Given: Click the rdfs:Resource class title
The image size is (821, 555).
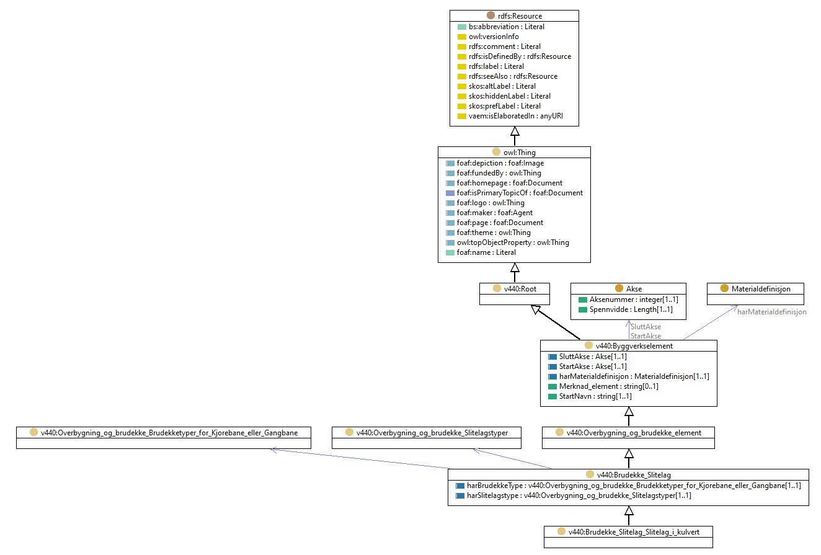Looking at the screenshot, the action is [x=520, y=16].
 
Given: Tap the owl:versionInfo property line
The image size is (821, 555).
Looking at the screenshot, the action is [x=494, y=37].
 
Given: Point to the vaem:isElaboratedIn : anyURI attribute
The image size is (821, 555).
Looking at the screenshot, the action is [x=515, y=116].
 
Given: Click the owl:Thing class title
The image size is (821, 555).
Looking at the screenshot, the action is [x=520, y=152].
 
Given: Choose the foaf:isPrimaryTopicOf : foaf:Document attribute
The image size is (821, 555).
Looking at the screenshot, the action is [x=520, y=193].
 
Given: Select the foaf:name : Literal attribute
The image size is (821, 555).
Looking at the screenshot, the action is [x=486, y=252].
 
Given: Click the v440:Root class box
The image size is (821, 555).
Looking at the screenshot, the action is [x=514, y=294].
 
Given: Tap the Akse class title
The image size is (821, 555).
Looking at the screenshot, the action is [x=634, y=288].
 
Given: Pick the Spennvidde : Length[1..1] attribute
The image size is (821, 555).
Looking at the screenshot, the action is [x=631, y=309].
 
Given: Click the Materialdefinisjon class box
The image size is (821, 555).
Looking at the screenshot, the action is [x=755, y=294].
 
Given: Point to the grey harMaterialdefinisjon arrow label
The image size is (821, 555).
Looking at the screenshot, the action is [x=772, y=312].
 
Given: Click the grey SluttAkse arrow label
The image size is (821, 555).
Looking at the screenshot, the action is [x=646, y=327].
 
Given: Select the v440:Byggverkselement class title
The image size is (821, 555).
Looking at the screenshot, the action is [x=634, y=345].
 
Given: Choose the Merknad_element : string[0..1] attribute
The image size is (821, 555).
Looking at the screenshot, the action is [x=608, y=386].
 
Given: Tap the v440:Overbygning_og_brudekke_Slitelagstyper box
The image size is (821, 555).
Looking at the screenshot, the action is [x=426, y=438].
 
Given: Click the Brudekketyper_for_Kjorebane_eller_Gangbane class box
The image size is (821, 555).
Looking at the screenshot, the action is [x=164, y=438].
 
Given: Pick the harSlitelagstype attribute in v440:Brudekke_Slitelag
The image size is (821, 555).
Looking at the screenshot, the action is [x=579, y=495].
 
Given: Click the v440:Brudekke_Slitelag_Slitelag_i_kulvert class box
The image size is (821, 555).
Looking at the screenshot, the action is [x=628, y=537].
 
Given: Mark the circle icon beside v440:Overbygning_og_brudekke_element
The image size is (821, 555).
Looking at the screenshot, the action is [x=559, y=432].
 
